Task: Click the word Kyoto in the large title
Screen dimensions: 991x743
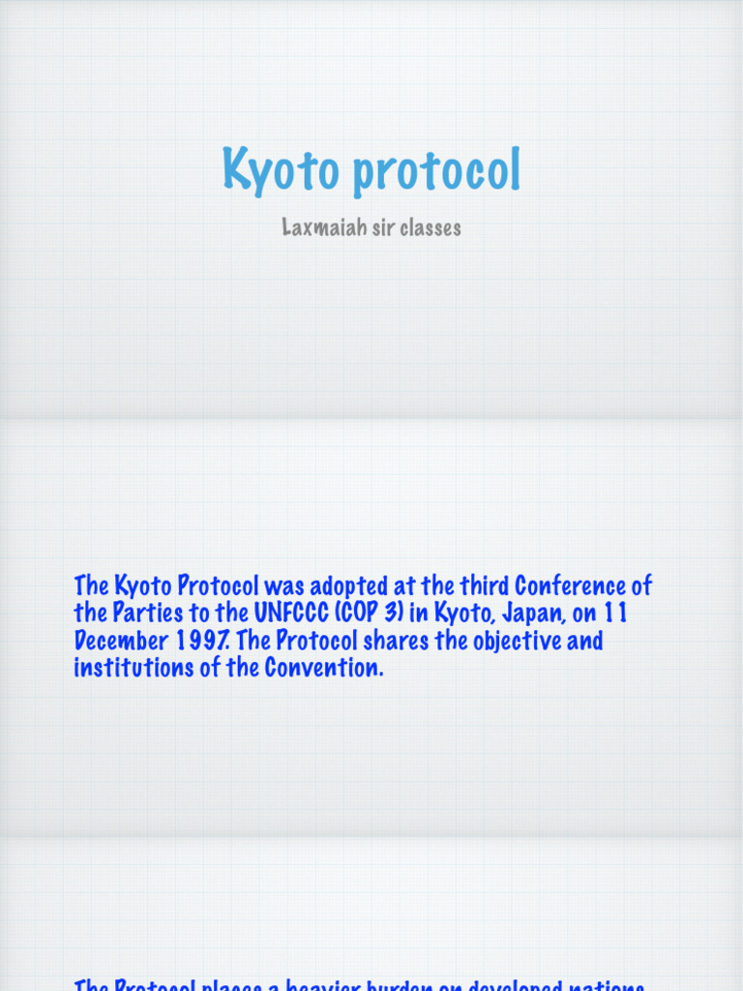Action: (282, 169)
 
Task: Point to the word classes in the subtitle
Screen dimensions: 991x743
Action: (427, 227)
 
